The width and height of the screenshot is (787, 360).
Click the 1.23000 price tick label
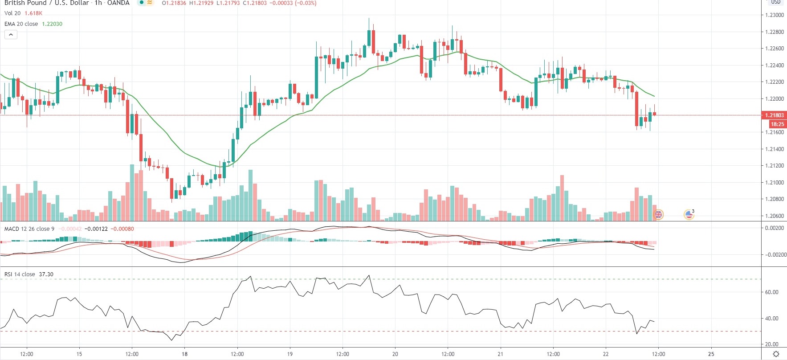pos(775,15)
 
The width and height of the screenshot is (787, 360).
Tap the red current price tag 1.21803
pos(775,115)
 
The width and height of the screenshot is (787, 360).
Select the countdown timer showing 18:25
pos(777,124)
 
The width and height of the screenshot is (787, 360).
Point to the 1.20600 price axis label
pos(775,216)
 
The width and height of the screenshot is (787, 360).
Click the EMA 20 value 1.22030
pos(52,24)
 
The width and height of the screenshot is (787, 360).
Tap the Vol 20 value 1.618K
pos(33,13)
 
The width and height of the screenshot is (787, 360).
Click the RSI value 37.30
pos(46,274)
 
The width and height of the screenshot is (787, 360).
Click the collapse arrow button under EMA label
pos(11,34)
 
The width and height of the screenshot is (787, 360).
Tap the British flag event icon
pos(658,215)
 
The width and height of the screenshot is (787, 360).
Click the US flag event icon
pos(689,215)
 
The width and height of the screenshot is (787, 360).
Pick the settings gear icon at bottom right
pos(776,354)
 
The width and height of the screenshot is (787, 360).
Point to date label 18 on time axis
pos(184,354)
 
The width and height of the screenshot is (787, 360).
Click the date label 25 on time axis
pos(711,354)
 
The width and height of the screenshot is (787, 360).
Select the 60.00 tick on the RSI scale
pos(772,292)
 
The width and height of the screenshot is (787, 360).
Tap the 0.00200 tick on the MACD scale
pos(775,228)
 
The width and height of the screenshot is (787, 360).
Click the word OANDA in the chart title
pos(118,3)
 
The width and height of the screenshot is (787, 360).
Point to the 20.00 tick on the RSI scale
pos(772,344)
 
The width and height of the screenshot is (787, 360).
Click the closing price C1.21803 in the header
pos(255,3)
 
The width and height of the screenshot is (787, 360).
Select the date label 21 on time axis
pos(501,354)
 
